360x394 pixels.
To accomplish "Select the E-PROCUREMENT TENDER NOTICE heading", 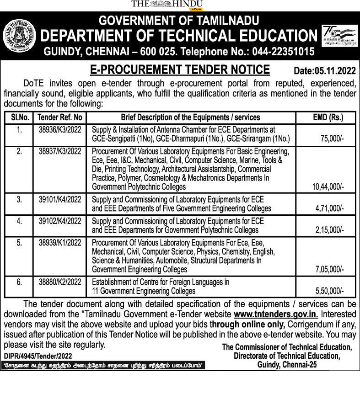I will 180,69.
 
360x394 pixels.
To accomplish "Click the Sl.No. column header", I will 20,117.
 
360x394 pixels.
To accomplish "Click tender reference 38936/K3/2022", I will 60,130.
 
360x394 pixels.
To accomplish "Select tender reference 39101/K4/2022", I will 60,200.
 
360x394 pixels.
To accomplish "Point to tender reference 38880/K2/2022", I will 60,282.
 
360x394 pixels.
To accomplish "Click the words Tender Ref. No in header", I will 60,117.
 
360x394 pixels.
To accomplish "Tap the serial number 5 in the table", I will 20,243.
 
